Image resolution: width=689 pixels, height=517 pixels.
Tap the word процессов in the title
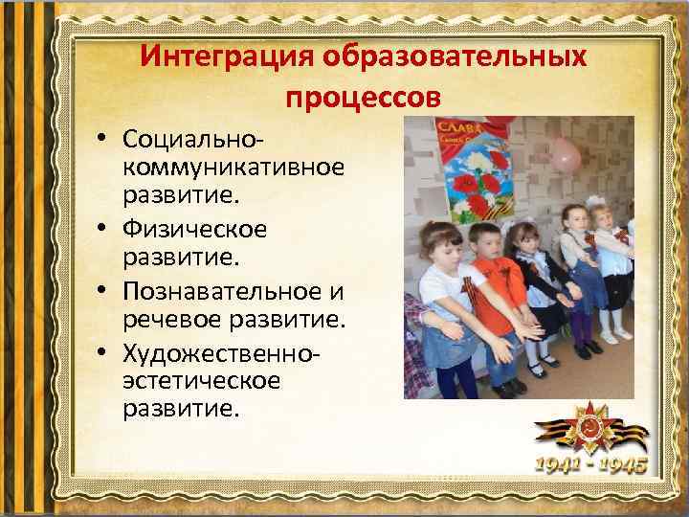pyautogui.click(x=363, y=98)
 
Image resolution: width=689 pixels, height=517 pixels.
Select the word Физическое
pyautogui.click(x=195, y=231)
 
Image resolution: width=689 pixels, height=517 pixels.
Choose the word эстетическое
pyautogui.click(x=188, y=381)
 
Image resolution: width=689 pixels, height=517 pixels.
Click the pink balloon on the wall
pyautogui.click(x=567, y=153)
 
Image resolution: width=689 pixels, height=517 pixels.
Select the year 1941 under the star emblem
pyautogui.click(x=559, y=466)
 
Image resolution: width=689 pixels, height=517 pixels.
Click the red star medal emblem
pyautogui.click(x=593, y=426)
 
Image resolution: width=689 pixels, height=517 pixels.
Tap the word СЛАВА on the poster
pyautogui.click(x=457, y=128)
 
